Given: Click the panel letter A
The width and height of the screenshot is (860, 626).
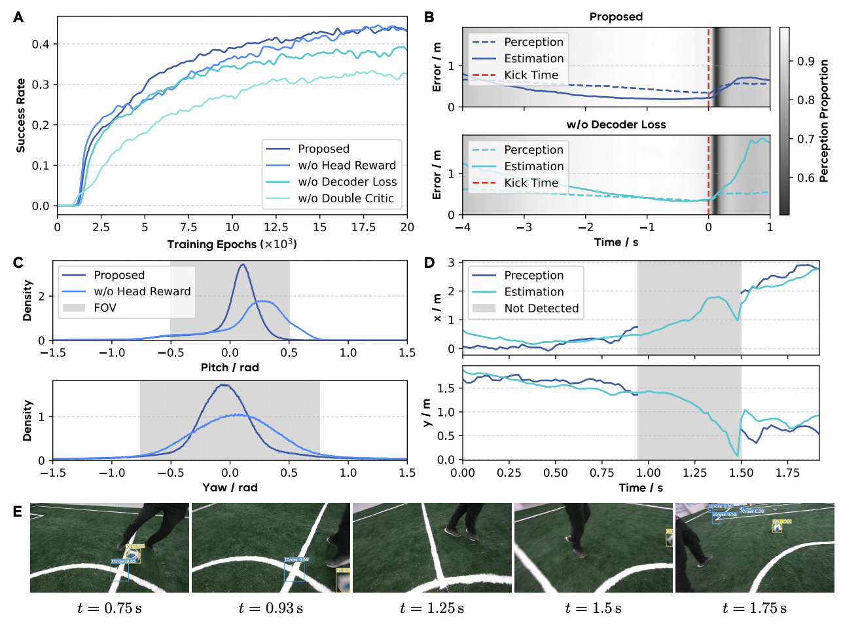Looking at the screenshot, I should pyautogui.click(x=18, y=17).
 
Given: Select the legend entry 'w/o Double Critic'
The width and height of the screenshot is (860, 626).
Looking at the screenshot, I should pyautogui.click(x=346, y=198).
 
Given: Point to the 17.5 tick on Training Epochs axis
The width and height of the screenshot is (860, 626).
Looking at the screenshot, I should pyautogui.click(x=363, y=227).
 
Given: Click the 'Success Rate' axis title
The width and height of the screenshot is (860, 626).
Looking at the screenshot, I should pyautogui.click(x=21, y=116).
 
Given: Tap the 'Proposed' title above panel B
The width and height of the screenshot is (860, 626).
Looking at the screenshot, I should pyautogui.click(x=616, y=17).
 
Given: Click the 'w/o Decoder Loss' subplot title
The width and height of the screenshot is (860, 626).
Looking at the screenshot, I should pyautogui.click(x=616, y=124).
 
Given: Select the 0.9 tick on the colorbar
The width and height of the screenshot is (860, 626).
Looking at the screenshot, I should pyautogui.click(x=806, y=62).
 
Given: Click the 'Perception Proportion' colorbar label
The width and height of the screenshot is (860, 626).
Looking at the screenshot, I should pyautogui.click(x=824, y=121).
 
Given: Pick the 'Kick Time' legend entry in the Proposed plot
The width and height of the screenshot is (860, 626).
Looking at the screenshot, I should pyautogui.click(x=531, y=75).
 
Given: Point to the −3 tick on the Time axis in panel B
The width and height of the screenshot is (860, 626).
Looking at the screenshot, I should pyautogui.click(x=524, y=227).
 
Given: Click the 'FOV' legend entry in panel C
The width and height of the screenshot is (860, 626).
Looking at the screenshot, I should pyautogui.click(x=105, y=308).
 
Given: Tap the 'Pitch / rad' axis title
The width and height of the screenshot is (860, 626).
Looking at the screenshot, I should pyautogui.click(x=230, y=367).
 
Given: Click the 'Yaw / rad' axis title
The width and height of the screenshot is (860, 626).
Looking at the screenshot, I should pyautogui.click(x=230, y=487).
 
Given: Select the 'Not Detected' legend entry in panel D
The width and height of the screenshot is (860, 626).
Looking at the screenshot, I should pyautogui.click(x=541, y=308).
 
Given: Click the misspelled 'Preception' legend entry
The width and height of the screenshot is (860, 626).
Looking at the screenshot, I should pyautogui.click(x=533, y=275).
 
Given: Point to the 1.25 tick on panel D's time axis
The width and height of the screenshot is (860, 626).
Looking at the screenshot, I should pyautogui.click(x=694, y=473).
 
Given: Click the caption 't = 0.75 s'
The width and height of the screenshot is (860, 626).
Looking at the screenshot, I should pyautogui.click(x=109, y=608).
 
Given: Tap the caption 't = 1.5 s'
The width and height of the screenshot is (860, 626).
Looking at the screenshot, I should pyautogui.click(x=594, y=608).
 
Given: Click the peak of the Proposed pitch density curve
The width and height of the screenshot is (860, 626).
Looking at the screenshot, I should pyautogui.click(x=243, y=265).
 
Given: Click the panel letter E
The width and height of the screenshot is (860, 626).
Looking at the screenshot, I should pyautogui.click(x=18, y=511).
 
